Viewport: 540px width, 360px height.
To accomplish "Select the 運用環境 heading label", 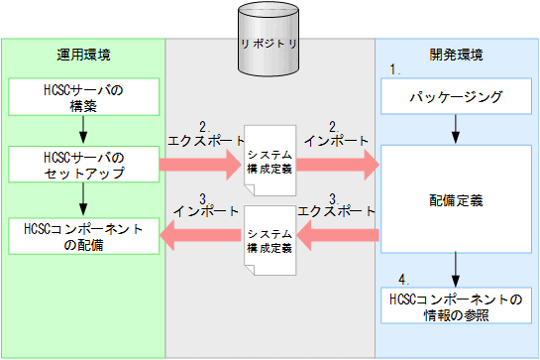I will click(83, 54).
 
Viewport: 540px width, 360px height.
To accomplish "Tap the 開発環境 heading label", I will click(457, 54).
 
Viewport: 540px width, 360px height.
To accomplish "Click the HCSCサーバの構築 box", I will click(83, 97).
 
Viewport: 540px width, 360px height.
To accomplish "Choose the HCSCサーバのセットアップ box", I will click(83, 165).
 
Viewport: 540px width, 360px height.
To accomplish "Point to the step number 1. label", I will click(393, 71).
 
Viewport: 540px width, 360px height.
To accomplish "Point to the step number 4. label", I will click(403, 279).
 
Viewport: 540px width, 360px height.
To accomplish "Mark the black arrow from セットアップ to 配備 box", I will click(83, 199).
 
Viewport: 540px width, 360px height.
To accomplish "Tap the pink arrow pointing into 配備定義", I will click(337, 165).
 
